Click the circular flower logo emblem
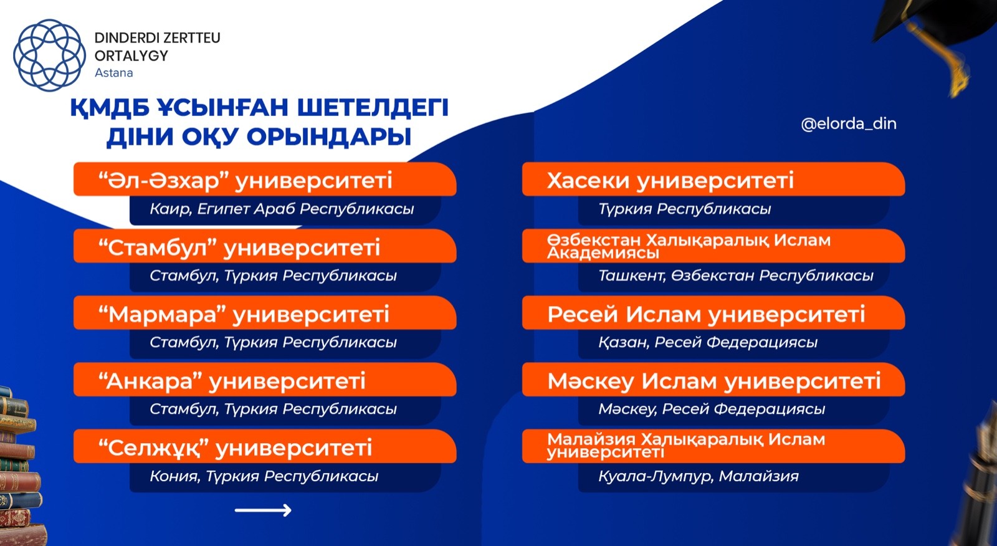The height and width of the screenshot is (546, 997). click(x=49, y=55)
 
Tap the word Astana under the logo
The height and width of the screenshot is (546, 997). click(x=113, y=72)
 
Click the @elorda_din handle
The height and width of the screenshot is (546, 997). click(x=848, y=124)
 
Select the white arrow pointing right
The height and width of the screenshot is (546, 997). click(x=263, y=510)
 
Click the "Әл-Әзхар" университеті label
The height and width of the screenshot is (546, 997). click(x=246, y=180)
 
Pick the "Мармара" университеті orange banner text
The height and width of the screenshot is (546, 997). click(x=244, y=314)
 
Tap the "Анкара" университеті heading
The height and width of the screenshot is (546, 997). click(x=232, y=381)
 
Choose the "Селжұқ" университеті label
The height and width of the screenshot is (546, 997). click(x=235, y=448)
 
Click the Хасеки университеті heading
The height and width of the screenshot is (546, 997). click(x=670, y=181)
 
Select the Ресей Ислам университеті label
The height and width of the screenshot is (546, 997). click(x=707, y=314)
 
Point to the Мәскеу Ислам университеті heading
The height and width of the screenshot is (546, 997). click(x=714, y=381)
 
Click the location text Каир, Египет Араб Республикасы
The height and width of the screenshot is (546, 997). click(x=282, y=209)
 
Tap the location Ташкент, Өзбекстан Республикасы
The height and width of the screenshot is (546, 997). click(x=736, y=275)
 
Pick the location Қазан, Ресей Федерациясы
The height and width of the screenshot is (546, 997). click(x=708, y=342)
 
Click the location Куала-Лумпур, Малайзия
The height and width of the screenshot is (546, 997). click(x=699, y=476)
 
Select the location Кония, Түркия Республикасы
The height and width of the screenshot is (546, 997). click(x=264, y=476)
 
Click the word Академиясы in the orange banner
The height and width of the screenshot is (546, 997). click(x=603, y=254)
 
